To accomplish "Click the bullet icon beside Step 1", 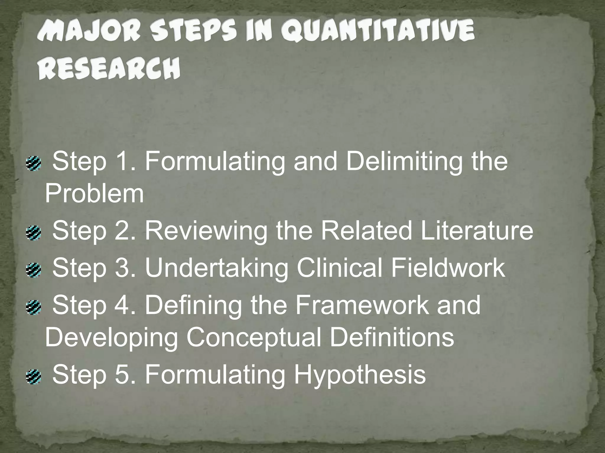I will (32, 163).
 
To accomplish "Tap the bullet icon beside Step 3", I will (32, 269).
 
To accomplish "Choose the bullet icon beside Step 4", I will (32, 307).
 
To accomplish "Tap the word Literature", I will (477, 231).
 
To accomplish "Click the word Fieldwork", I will (448, 267).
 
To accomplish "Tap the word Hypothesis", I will (360, 375).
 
